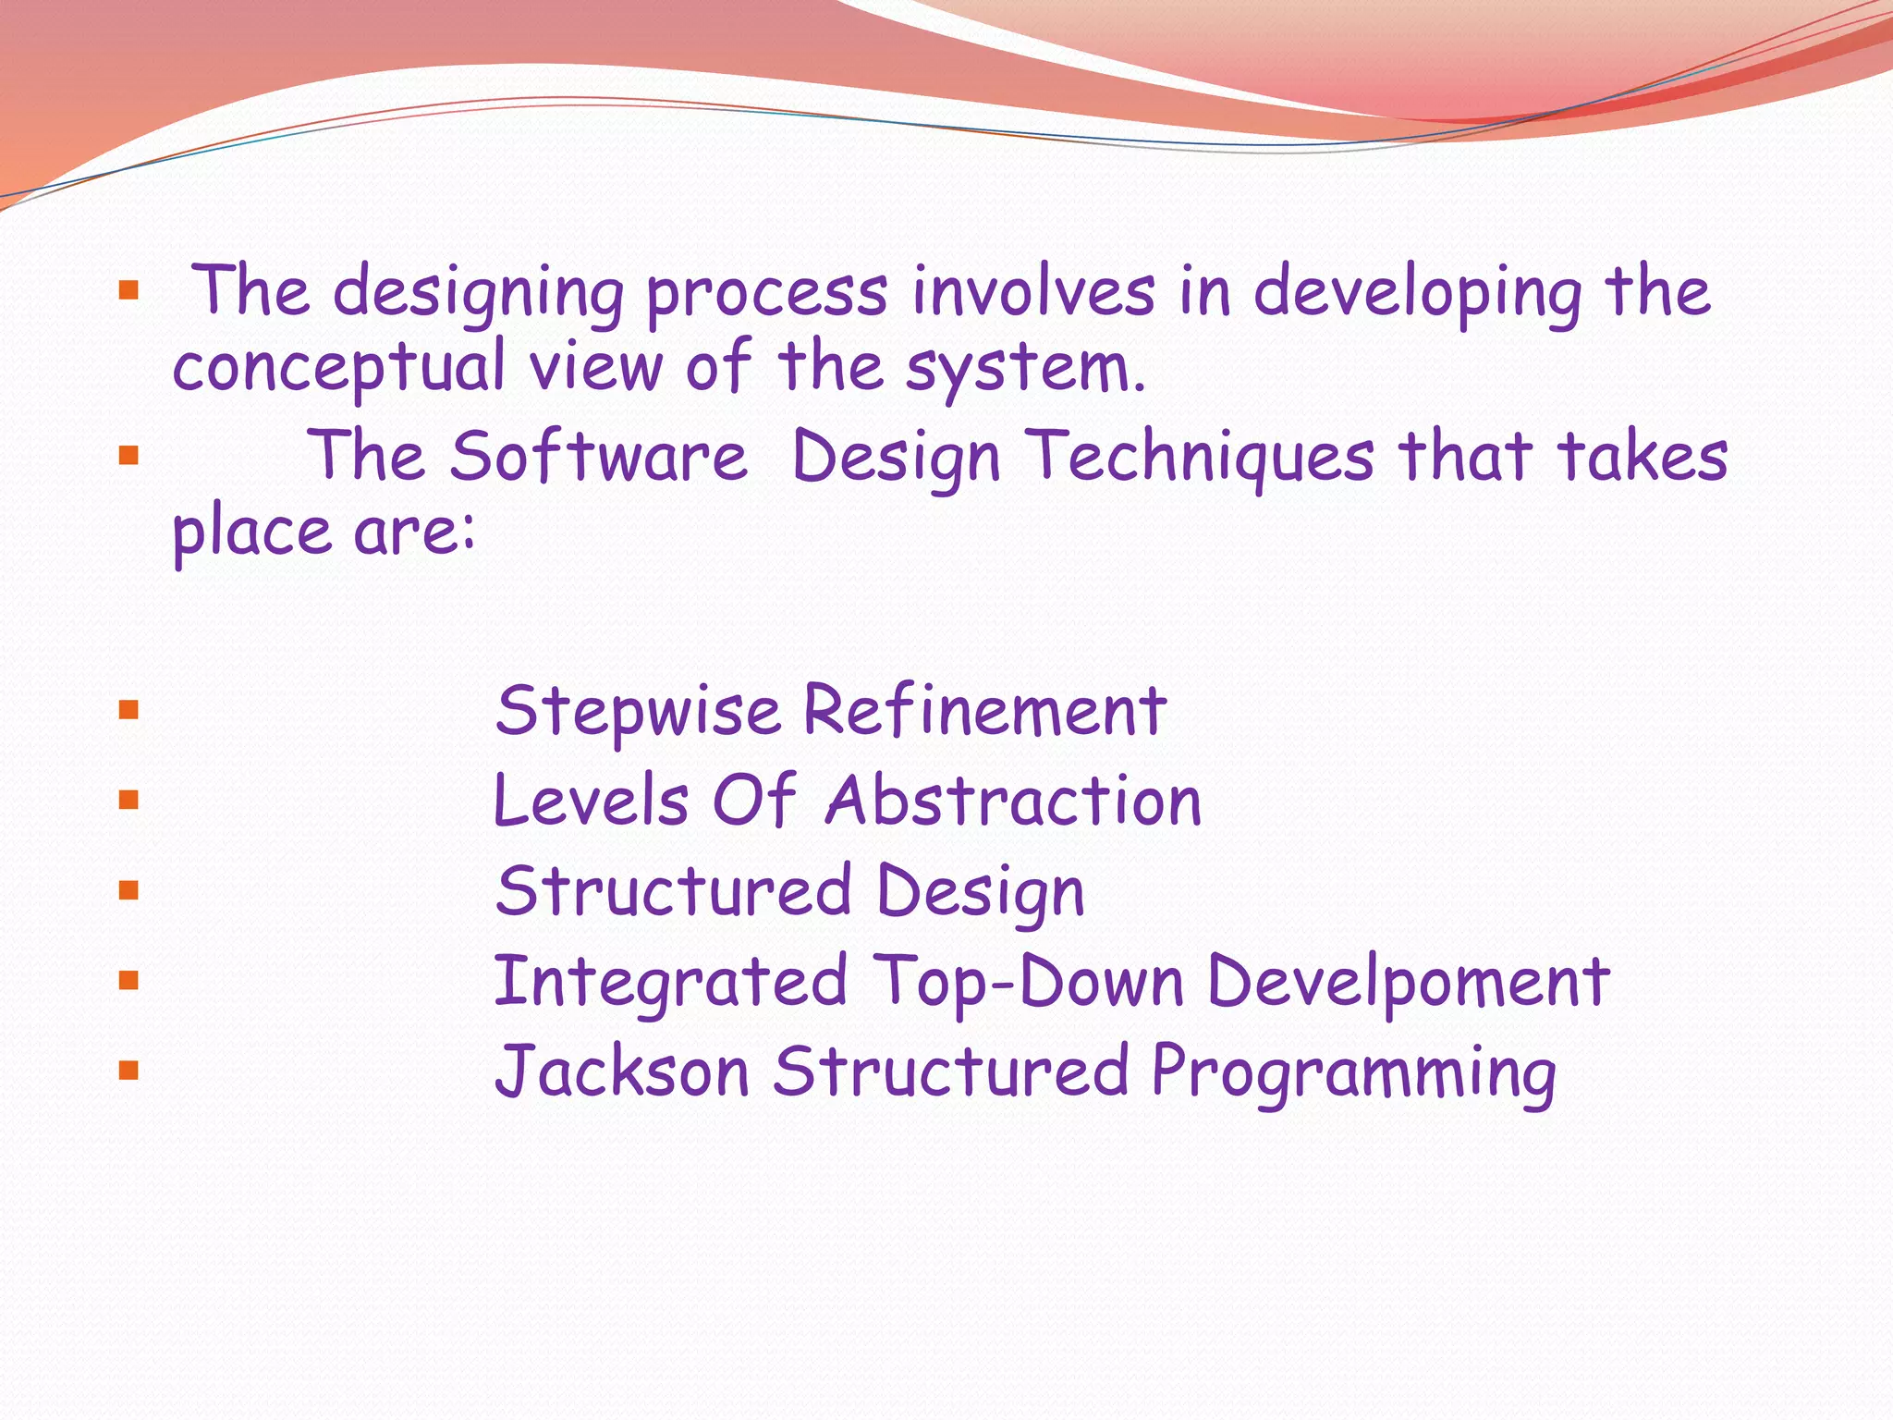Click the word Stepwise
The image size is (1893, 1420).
638,712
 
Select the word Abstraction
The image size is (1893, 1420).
1013,801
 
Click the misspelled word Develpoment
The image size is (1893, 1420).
1409,982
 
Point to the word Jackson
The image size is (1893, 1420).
621,1072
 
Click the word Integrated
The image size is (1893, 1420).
670,982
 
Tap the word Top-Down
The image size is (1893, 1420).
1028,982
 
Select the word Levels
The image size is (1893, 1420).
592,801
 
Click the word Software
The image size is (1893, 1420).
598,457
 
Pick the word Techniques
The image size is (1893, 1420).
1203,457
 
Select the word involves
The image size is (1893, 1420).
1032,292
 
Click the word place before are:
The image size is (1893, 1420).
251,533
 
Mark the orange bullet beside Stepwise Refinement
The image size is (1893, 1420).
128,710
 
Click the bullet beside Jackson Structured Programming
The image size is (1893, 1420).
128,1071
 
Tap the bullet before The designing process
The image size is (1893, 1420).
128,292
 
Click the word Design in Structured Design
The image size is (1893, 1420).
980,893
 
